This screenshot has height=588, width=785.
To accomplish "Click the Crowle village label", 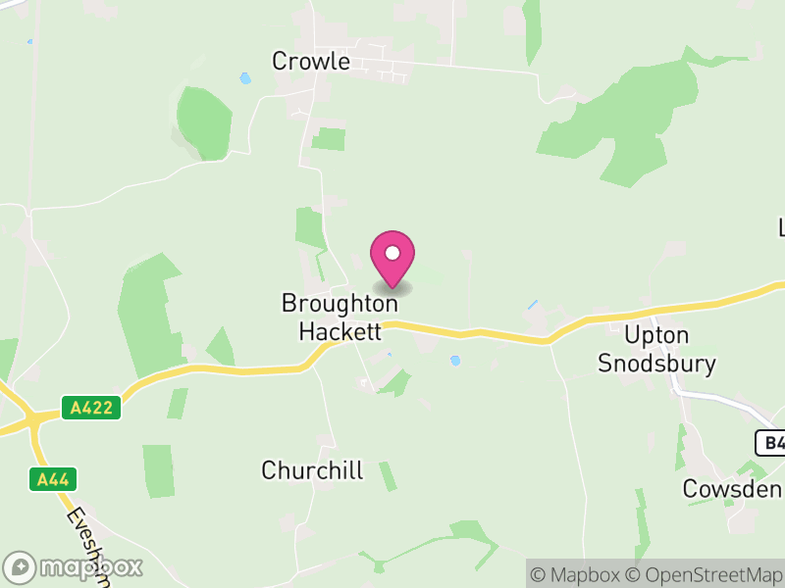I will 311,61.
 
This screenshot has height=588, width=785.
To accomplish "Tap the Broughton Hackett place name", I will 331,318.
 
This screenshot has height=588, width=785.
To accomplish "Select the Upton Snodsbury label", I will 657,350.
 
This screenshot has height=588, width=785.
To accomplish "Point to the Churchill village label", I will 312,470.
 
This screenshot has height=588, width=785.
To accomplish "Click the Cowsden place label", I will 732,489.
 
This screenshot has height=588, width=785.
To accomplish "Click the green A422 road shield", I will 91,408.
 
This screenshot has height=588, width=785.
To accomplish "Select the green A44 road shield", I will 53,479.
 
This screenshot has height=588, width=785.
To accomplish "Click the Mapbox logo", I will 75,566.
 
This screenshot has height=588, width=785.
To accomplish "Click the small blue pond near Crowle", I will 244,77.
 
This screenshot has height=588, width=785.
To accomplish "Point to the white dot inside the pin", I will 392,253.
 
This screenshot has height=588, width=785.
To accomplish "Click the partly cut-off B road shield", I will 771,443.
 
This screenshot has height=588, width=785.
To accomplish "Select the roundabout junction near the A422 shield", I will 35,420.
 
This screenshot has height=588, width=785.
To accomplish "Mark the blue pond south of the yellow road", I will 454,361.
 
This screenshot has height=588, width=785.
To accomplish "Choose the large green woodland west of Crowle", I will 203,122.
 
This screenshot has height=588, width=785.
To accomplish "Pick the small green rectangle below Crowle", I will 329,139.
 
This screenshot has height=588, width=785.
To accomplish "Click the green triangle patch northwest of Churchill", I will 221,349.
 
